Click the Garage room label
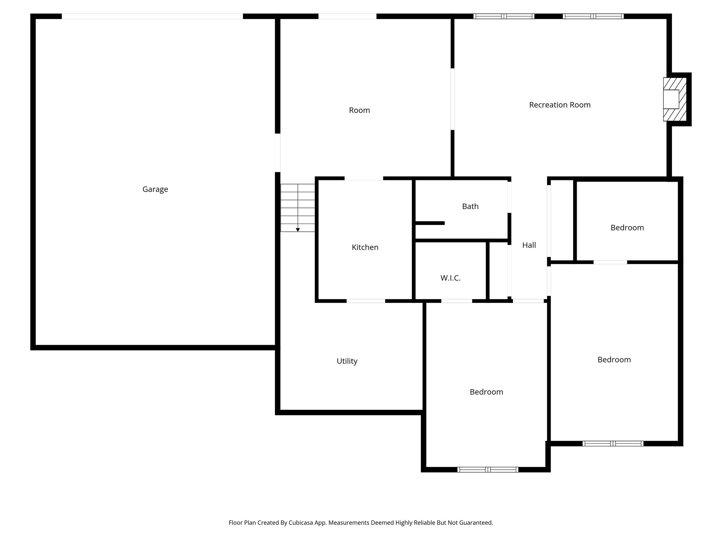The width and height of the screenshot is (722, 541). click(x=155, y=189)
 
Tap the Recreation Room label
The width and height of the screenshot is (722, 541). click(x=559, y=105)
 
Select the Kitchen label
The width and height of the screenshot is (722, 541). click(x=365, y=248)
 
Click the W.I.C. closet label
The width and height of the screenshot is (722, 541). click(x=450, y=278)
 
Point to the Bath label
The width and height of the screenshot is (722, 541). click(x=470, y=206)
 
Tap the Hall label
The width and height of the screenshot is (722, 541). click(x=529, y=245)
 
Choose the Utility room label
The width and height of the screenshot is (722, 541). click(x=347, y=361)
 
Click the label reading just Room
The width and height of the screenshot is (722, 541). click(x=359, y=110)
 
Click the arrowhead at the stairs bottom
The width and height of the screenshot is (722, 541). click(x=298, y=230)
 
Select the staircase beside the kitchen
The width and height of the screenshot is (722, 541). click(x=298, y=207)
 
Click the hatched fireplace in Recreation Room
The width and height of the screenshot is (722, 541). click(x=675, y=99)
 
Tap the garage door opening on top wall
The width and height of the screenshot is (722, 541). click(x=152, y=16)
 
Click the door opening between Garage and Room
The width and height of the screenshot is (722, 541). click(x=277, y=153)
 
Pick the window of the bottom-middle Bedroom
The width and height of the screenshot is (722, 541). click(x=488, y=470)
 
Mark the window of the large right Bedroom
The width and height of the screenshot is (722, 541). click(x=613, y=443)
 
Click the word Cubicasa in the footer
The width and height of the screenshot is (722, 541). click(x=301, y=523)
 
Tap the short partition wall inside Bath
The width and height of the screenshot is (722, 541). click(x=430, y=223)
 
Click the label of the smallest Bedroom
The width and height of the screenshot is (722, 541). click(x=627, y=228)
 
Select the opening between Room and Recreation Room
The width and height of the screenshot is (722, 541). click(x=452, y=99)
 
